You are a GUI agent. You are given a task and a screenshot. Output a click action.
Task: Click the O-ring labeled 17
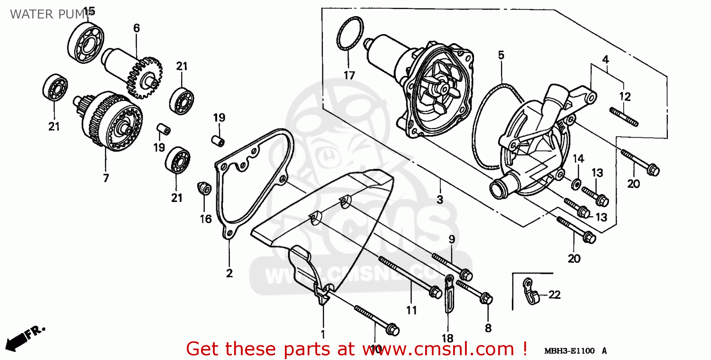tap(350, 34)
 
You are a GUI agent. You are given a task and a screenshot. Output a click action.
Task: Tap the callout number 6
tap(137, 28)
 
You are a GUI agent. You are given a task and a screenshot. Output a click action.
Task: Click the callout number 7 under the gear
tap(106, 178)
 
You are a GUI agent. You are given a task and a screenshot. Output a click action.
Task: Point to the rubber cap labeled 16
tap(204, 188)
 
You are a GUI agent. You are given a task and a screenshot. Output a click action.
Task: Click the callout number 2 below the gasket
tap(229, 273)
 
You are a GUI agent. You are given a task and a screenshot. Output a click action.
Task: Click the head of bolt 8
tap(486, 299)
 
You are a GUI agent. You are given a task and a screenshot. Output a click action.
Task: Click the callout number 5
tap(501, 55)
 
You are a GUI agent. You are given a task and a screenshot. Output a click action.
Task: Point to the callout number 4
tap(605, 60)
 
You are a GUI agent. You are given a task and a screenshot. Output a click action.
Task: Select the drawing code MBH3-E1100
tap(569, 351)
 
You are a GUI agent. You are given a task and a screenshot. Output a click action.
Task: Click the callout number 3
tap(440, 200)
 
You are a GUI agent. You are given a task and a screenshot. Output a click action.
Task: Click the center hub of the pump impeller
tap(443, 89)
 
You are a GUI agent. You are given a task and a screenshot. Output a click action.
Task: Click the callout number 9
tap(451, 240)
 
